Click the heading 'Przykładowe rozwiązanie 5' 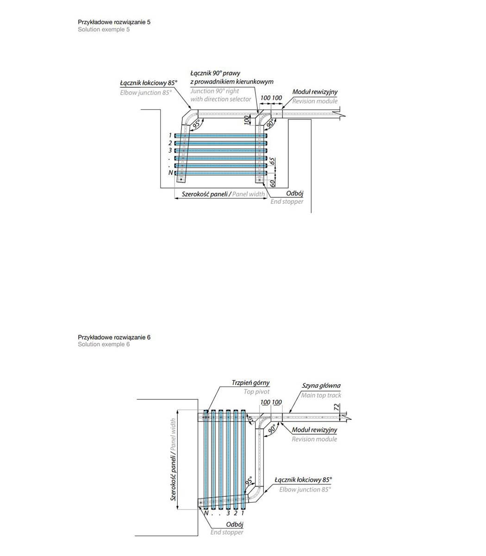tap(114, 22)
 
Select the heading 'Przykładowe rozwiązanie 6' tap(114, 337)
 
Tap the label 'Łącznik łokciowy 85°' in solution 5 tap(148, 83)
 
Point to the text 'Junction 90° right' tap(215, 91)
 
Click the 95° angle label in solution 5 tap(196, 124)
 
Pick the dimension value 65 tap(273, 161)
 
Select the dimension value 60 tap(273, 183)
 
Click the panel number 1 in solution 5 tap(170, 135)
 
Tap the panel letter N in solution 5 tap(170, 172)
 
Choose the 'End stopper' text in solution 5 tap(287, 202)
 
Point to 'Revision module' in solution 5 tap(315, 101)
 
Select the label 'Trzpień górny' tap(250, 383)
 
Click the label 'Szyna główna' tap(321, 385)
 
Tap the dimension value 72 tap(337, 407)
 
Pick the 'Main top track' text tap(321, 395)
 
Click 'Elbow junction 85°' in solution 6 tap(305, 489)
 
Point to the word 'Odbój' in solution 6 tap(235, 524)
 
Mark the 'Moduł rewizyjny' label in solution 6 tap(314, 430)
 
